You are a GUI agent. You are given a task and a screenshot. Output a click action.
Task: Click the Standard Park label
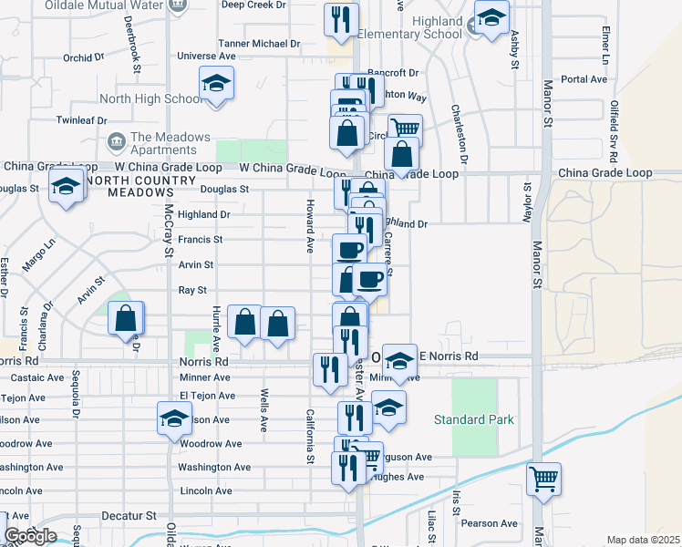click(473, 420)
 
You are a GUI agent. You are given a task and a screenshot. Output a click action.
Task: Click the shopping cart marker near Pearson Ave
click(543, 478)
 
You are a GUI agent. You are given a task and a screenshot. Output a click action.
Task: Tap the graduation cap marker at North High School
click(217, 85)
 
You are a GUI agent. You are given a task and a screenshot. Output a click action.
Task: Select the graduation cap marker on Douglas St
click(67, 187)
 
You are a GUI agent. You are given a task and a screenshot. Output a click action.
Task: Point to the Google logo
click(30, 536)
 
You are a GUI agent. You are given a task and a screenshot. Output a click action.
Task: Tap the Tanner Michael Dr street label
click(259, 44)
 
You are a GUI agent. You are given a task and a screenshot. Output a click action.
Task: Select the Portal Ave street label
click(584, 79)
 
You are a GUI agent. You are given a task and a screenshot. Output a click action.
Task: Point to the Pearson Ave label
click(490, 523)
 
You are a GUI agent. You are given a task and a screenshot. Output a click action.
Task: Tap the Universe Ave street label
click(207, 56)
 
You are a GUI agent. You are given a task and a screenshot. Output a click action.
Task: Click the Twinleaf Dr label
click(81, 120)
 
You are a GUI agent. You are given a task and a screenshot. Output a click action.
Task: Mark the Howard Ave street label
click(310, 226)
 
